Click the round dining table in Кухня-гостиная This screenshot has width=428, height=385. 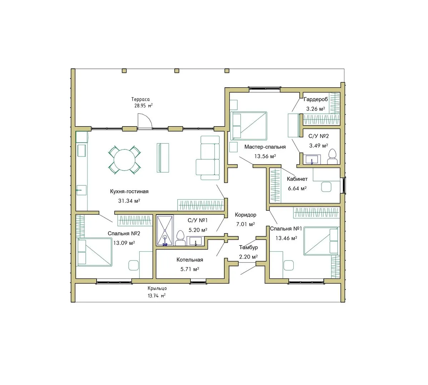click(x=124, y=160)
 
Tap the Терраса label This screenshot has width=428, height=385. click(x=140, y=99)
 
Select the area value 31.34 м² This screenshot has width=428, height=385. click(x=129, y=201)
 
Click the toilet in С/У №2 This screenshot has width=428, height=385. click(x=332, y=157)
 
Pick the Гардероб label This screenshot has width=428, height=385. click(x=315, y=99)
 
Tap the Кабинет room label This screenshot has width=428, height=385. click(x=297, y=179)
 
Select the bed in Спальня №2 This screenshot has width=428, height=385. click(x=95, y=252)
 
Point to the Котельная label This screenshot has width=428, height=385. click(x=190, y=260)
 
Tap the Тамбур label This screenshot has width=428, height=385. click(x=248, y=247)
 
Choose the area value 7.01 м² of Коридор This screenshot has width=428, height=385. click(x=245, y=224)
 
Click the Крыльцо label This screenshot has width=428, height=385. click(x=157, y=288)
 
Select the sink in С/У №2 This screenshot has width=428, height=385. click(x=312, y=160)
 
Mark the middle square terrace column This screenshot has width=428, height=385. click(x=176, y=71)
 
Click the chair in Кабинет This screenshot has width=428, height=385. click(x=326, y=187)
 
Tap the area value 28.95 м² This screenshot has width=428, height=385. click(x=143, y=106)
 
